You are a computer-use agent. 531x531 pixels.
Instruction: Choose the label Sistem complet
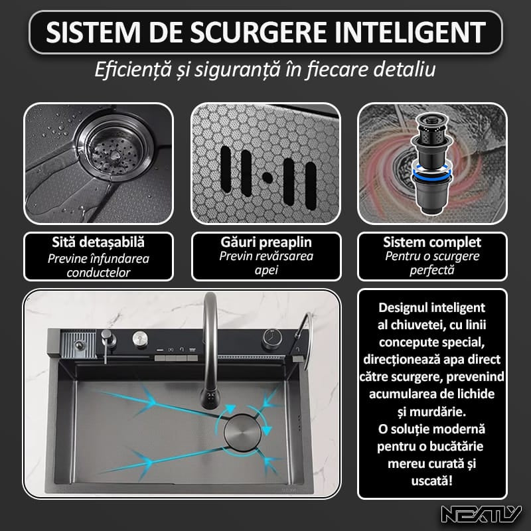tap(432, 242)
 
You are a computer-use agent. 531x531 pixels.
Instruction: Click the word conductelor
tap(98, 271)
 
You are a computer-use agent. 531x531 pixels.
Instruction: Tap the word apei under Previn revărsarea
tap(265, 270)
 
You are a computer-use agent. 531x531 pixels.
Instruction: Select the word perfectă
tap(432, 270)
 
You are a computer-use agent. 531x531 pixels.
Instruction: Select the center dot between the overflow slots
tap(265, 177)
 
